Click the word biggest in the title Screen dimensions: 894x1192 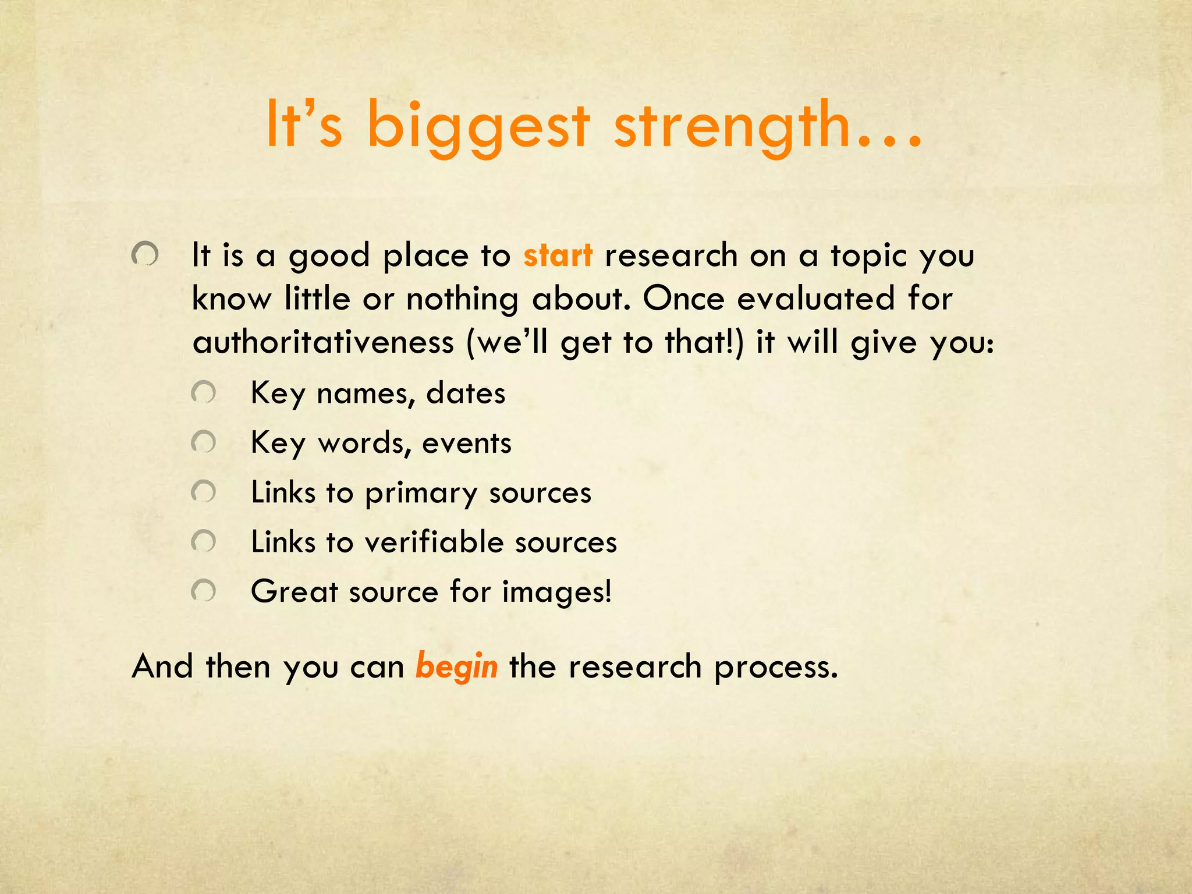[478, 126]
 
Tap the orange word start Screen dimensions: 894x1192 [558, 256]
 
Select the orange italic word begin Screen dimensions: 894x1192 [456, 666]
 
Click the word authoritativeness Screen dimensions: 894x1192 [323, 342]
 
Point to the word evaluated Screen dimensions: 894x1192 [815, 299]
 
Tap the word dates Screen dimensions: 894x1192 [466, 393]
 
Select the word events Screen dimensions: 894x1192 [467, 444]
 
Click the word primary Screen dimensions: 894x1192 [421, 494]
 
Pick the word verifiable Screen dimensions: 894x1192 [433, 542]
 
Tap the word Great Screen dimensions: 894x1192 [295, 592]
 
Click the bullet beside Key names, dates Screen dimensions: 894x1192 [203, 393]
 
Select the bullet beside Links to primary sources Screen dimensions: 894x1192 [203, 492]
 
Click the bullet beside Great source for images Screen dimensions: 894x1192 [203, 591]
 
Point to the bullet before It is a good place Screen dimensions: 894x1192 [145, 254]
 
